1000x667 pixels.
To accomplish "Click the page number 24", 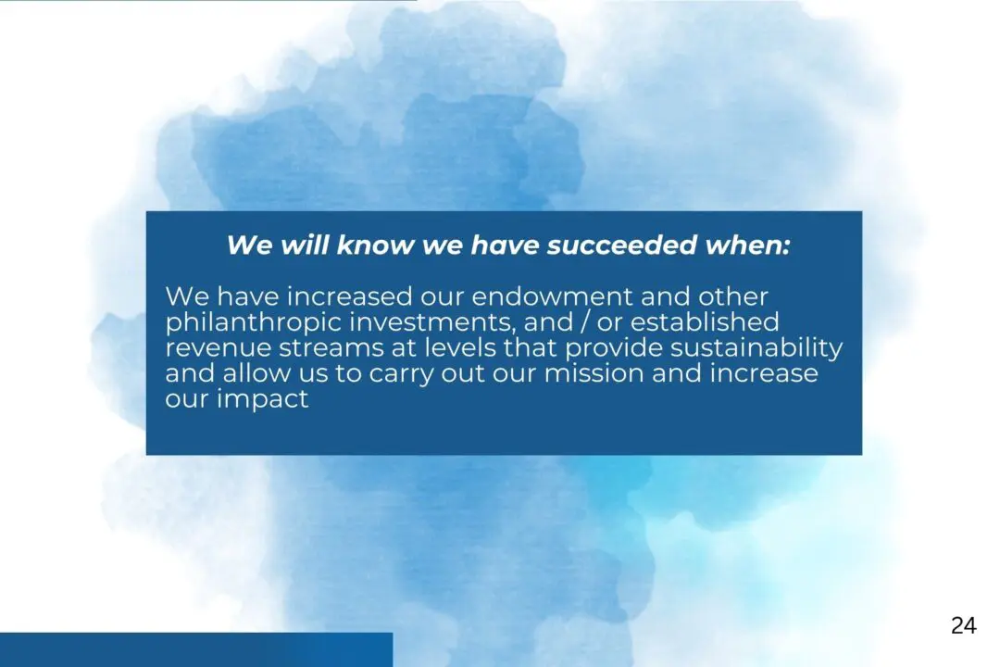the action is pos(963,625).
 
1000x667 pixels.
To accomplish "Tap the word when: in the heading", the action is pos(747,245).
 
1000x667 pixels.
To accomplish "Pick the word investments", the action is pos(432,322).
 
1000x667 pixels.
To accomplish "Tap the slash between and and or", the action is pos(583,322).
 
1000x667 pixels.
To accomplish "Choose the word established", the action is pos(704,322).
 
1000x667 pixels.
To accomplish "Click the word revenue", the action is pos(218,348).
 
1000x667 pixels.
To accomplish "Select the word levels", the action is pos(460,348).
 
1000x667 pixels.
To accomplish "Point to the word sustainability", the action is pos(756,348).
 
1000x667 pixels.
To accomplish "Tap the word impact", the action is pos(263,399).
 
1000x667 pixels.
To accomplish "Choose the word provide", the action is pos(614,348).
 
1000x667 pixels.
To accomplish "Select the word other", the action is pos(732,296).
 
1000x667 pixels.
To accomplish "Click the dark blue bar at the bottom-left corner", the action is pos(196,649).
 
